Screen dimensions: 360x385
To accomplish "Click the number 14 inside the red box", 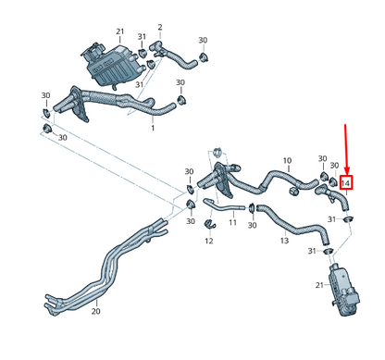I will (x=346, y=183).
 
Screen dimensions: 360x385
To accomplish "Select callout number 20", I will (x=95, y=312).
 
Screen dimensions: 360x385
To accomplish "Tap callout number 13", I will (x=285, y=240).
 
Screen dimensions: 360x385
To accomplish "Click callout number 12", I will (x=209, y=242).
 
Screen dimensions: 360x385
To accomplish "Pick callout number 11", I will (x=232, y=223).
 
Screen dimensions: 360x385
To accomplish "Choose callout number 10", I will (x=287, y=160).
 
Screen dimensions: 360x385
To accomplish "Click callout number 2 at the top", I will (x=159, y=27).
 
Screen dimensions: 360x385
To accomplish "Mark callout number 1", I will (x=153, y=128).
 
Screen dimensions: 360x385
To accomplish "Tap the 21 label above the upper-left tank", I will (x=119, y=31).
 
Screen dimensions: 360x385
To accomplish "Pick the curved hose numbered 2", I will (x=180, y=59).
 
